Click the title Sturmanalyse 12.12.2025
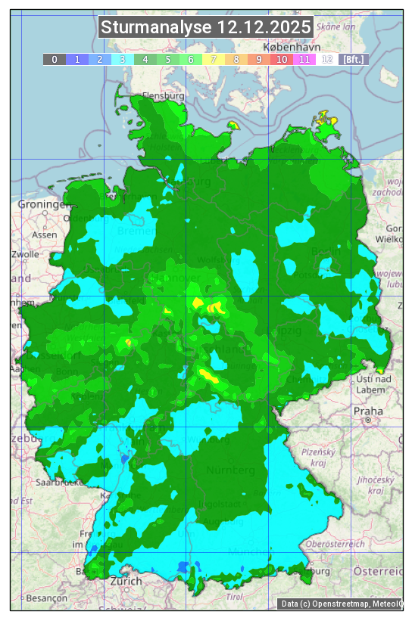point(206,27)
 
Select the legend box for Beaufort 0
point(55,59)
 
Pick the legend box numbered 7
point(214,59)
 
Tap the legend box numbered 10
point(282,59)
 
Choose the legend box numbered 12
point(327,59)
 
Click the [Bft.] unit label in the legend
point(353,59)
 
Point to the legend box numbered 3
point(123,59)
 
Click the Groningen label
point(42,204)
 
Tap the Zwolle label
point(24,254)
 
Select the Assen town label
point(45,234)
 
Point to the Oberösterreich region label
point(335,543)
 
